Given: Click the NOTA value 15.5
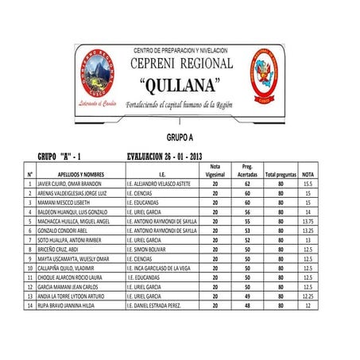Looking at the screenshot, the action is tap(308, 184).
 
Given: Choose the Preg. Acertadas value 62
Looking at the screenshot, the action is tap(247, 184).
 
